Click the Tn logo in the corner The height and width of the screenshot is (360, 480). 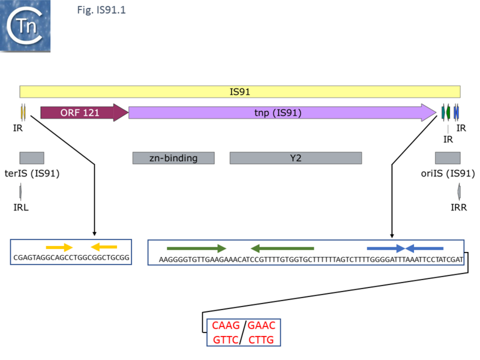[x=25, y=26]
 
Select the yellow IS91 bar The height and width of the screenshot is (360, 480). [x=240, y=92]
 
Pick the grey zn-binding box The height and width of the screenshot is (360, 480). [x=173, y=158]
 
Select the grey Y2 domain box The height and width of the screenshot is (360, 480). [x=295, y=158]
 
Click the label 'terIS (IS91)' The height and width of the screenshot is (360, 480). [x=32, y=174]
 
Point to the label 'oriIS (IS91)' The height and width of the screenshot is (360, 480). [x=448, y=174]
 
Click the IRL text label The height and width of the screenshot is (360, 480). [x=22, y=207]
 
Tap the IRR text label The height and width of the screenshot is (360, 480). [x=458, y=207]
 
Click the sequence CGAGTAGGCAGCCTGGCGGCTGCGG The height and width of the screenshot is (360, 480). [x=71, y=257]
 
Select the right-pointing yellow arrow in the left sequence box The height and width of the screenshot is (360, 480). [x=59, y=247]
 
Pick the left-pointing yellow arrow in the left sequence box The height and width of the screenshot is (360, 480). [x=104, y=247]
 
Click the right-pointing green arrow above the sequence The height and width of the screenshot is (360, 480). [x=196, y=248]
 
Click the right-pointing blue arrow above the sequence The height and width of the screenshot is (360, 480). [x=386, y=248]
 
